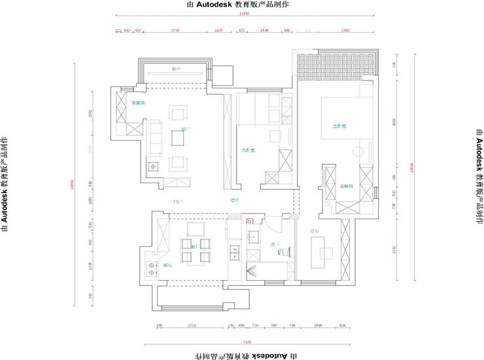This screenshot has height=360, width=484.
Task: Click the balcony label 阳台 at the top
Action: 176,68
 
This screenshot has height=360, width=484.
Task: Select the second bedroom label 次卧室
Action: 248,151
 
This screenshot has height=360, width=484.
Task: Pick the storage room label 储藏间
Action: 137,103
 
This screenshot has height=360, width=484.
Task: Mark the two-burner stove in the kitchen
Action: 152,268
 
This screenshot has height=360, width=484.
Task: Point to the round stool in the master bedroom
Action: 357,153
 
